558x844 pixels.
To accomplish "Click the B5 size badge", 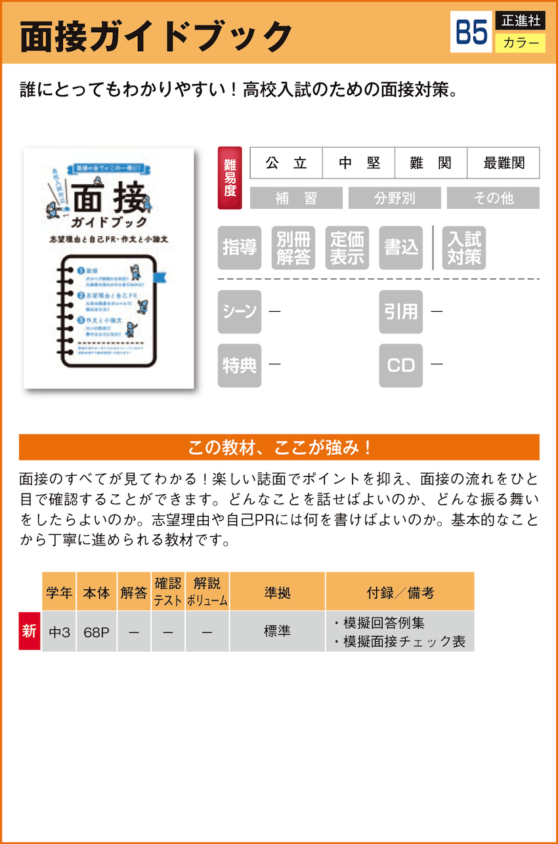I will (x=471, y=32).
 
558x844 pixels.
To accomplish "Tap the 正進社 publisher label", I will (x=521, y=20).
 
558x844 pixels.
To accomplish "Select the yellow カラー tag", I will (x=521, y=43).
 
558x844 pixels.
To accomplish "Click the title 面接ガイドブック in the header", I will (x=156, y=36).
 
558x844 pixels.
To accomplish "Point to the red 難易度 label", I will (x=230, y=178).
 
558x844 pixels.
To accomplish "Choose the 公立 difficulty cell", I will (x=286, y=163).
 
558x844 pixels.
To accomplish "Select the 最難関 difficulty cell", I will (x=503, y=163).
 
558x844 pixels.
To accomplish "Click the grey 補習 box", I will (x=296, y=198).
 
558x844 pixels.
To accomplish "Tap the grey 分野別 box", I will (x=394, y=198).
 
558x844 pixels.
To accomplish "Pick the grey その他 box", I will (x=493, y=198).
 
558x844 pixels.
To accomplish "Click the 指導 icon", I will (x=240, y=248).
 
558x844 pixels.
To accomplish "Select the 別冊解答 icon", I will (x=293, y=248).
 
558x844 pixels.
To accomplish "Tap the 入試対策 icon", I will (x=464, y=248).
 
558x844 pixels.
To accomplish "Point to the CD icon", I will (x=400, y=366).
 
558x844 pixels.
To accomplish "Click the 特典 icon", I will (x=240, y=366).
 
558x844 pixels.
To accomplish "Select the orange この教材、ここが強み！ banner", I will (x=279, y=448).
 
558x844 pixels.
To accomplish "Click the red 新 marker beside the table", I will (x=30, y=631).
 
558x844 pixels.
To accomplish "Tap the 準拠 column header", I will (x=277, y=592).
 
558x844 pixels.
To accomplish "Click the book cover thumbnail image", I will (x=109, y=268).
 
